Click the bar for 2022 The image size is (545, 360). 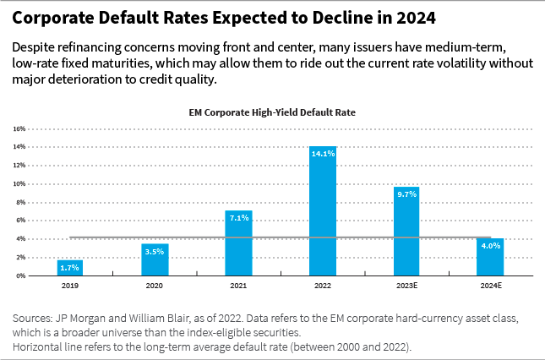tap(323, 211)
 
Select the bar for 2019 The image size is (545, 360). tap(70, 268)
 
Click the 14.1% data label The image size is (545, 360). tap(323, 154)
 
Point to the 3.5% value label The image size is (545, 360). tap(155, 251)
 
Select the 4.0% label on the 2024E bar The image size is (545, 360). tap(491, 246)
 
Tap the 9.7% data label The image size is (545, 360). tap(406, 194)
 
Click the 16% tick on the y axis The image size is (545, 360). tap(19, 129)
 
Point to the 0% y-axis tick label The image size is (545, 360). tap(21, 275)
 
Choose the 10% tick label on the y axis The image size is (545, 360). tap(19, 184)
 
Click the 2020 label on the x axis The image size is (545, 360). tap(155, 286)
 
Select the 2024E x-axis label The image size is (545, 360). tap(491, 286)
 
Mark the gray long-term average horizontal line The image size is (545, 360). tap(279, 237)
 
